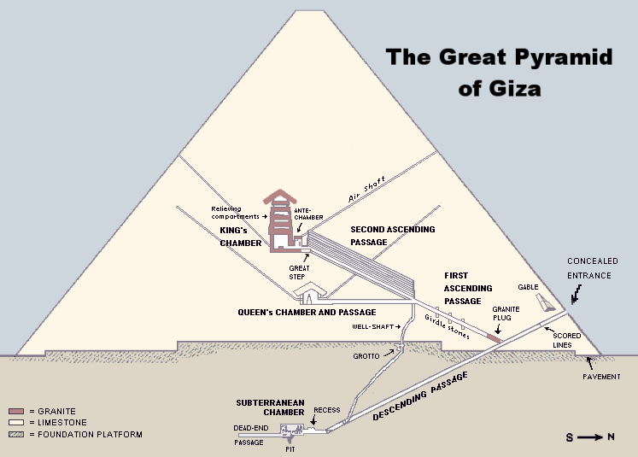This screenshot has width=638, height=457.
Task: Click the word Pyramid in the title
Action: tap(563, 57)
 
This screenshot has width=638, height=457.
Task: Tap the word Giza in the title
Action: tap(517, 89)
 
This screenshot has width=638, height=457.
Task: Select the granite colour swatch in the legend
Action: tap(16, 411)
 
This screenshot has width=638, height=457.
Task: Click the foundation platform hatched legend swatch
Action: tap(16, 434)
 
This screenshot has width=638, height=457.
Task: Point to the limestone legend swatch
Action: tap(16, 423)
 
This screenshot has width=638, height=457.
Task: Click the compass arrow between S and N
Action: tap(590, 437)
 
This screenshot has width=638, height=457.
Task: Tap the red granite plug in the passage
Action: tap(495, 337)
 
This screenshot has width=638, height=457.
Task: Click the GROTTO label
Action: tap(366, 356)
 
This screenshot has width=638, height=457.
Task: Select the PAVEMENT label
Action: tap(601, 377)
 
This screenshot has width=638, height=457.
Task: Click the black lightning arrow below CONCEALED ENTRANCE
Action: tap(576, 294)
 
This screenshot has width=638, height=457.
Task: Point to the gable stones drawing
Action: tap(545, 302)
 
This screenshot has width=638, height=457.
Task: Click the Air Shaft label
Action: tap(366, 190)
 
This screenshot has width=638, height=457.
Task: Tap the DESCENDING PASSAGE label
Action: tap(420, 396)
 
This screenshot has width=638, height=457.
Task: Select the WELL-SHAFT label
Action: tap(372, 327)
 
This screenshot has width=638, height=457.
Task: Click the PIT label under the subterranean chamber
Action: tap(290, 449)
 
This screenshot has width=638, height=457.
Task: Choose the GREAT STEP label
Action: tap(299, 272)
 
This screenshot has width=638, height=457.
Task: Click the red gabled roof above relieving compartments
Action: tap(280, 196)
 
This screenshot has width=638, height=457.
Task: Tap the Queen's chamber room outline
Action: tap(310, 294)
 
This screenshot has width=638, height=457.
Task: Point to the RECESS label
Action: tap(327, 410)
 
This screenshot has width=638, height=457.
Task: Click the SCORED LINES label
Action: tap(566, 340)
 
